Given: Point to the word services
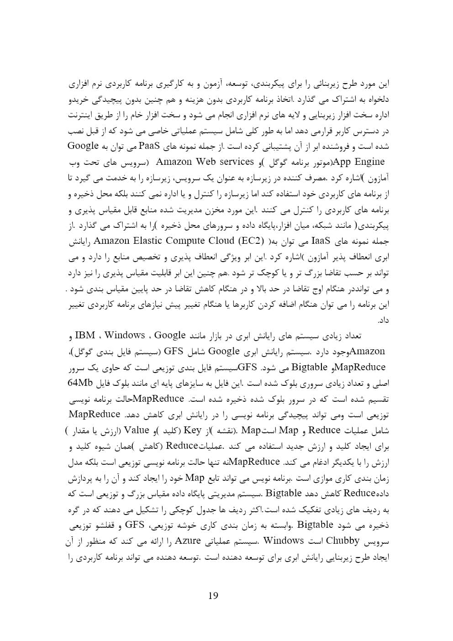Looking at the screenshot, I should click(x=235, y=162).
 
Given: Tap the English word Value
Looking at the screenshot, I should click(x=137, y=430).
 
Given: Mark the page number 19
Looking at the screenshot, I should click(x=213, y=595).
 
